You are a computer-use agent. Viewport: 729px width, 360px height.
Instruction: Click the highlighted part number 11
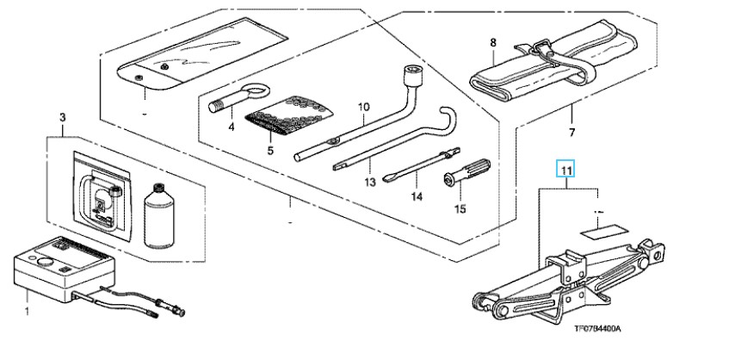[565, 170]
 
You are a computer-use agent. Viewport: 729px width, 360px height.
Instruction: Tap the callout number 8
[493, 43]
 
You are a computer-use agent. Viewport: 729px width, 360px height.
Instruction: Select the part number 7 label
[571, 133]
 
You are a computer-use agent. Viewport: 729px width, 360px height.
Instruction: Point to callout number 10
[363, 107]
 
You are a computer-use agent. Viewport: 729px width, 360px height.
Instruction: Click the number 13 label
[370, 183]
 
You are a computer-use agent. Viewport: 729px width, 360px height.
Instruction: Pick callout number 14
[417, 196]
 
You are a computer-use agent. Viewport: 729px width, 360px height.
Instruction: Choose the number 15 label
[460, 209]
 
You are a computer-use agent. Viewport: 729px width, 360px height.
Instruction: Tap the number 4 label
[232, 126]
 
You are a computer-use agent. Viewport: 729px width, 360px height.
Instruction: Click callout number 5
[270, 150]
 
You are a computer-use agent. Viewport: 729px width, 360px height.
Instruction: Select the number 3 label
[63, 117]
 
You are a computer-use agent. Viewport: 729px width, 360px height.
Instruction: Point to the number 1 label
[27, 310]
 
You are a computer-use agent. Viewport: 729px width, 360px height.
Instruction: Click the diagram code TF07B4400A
[597, 329]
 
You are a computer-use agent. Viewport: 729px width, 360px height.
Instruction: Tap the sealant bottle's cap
[159, 188]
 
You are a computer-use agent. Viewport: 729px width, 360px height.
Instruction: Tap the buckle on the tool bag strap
[542, 47]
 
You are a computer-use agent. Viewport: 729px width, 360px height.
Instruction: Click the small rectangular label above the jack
[603, 232]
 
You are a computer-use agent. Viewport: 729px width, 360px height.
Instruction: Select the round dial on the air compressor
[45, 260]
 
